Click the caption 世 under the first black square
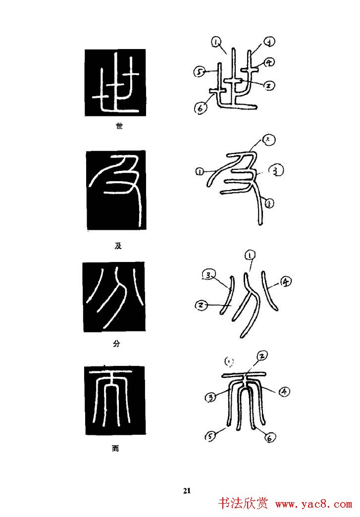click(118, 126)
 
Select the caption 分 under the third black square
click(116, 342)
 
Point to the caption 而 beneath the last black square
click(115, 450)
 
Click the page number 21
click(187, 491)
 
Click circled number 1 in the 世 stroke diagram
click(216, 43)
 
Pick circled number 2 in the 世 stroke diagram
click(268, 86)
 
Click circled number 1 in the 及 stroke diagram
click(199, 172)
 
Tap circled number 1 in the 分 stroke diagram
click(250, 256)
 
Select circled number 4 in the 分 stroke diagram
click(286, 282)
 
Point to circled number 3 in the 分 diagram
click(209, 275)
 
